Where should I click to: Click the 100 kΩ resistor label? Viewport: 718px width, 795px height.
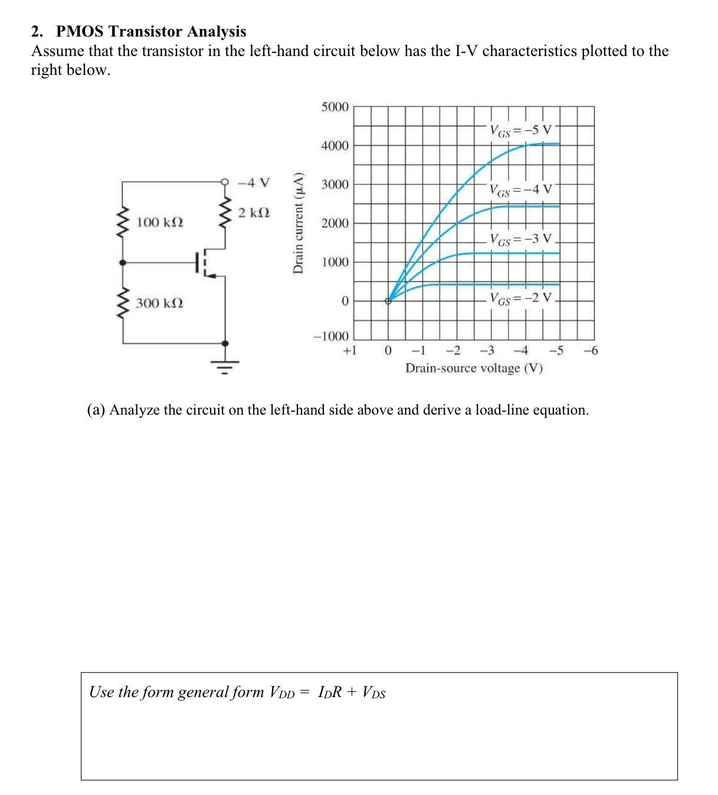click(x=159, y=222)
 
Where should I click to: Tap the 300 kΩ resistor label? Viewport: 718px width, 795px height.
click(x=159, y=303)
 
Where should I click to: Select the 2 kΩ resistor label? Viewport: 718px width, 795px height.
click(x=254, y=212)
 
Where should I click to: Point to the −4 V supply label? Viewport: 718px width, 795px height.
click(x=253, y=182)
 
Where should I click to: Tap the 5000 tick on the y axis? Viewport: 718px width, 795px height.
click(x=335, y=107)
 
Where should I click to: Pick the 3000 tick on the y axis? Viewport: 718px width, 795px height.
click(x=335, y=185)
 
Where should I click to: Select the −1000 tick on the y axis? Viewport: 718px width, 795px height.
click(x=331, y=336)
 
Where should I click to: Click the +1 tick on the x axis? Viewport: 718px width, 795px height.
click(x=350, y=351)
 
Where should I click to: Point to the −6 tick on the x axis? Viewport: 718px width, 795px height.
click(x=591, y=351)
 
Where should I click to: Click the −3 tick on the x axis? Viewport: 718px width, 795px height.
click(x=487, y=351)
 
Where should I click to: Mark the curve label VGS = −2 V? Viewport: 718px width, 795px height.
click(x=521, y=298)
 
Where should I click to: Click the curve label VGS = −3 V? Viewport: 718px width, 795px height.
click(x=521, y=239)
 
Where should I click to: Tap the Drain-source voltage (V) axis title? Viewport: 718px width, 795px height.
click(x=474, y=368)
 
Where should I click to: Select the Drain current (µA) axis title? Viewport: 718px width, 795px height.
click(x=299, y=222)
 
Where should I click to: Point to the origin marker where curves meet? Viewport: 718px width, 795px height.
click(x=388, y=301)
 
